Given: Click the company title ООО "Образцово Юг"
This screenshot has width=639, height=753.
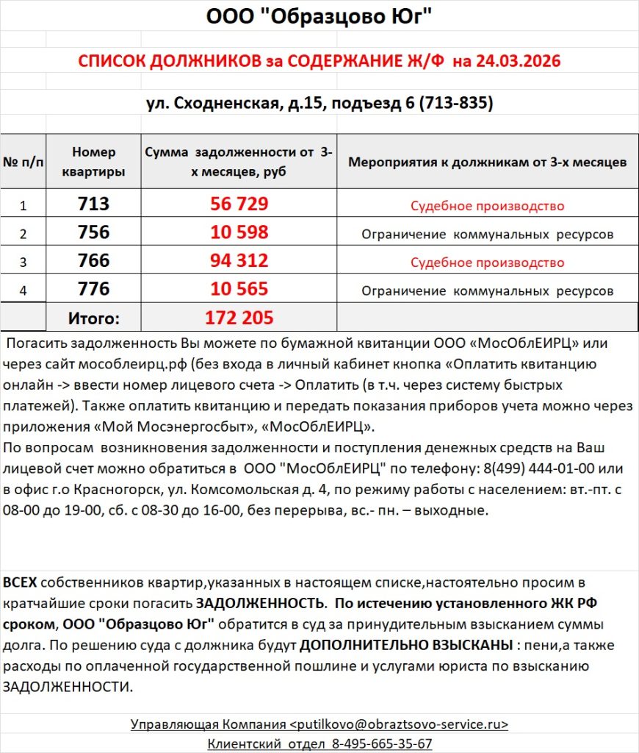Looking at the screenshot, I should tap(319, 16).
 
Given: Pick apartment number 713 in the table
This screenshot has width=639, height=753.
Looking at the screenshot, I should tap(93, 204).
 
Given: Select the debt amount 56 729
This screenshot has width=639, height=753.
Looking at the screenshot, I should tap(239, 204).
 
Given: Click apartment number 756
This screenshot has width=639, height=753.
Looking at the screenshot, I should tap(93, 233).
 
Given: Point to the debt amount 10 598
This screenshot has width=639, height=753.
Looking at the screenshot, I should tap(239, 233).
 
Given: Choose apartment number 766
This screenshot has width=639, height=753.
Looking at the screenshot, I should tap(93, 261).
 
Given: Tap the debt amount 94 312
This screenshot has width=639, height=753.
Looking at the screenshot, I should tap(239, 261).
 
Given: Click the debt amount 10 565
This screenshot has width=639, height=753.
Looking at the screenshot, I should tap(239, 289).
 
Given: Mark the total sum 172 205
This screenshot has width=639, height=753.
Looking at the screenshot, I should tap(239, 318).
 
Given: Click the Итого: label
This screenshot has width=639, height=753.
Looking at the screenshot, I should tap(93, 318).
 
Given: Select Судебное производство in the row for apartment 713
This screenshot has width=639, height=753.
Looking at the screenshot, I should tap(487, 206).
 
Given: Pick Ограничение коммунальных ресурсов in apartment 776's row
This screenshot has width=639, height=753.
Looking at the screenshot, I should tap(487, 290).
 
